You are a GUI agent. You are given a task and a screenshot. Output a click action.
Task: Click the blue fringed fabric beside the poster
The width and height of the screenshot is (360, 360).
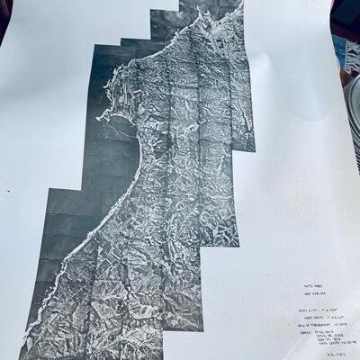tap(346, 49)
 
